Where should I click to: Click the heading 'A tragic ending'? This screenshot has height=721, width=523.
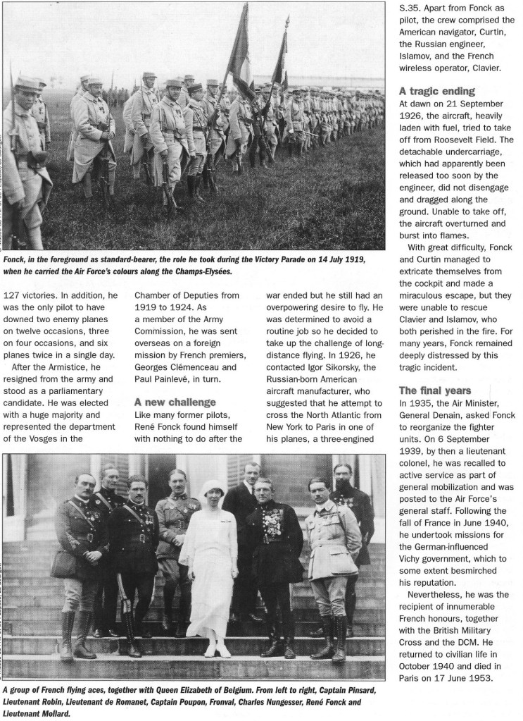pyautogui.click(x=437, y=91)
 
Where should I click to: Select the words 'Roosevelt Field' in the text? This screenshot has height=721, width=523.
pyautogui.click(x=474, y=139)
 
